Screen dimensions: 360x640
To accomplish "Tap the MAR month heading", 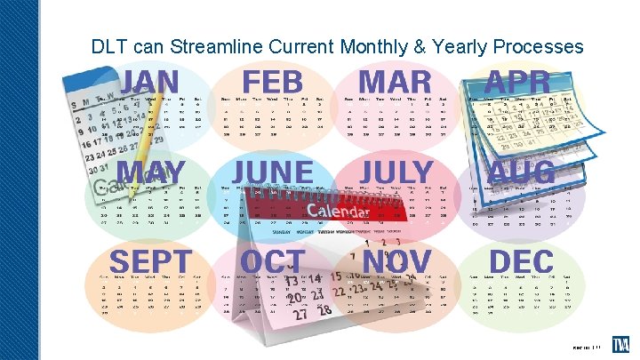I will point(396,83).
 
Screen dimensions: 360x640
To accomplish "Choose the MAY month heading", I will point(151,172).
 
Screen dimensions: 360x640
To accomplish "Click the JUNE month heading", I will point(273,172).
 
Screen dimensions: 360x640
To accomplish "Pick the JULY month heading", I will point(396,172).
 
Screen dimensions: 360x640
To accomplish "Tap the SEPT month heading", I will point(150,262).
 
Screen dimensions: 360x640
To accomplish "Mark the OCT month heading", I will point(272,262).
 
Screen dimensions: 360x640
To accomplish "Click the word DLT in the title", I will point(109,46).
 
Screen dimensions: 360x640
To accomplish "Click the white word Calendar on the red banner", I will point(337,212).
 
